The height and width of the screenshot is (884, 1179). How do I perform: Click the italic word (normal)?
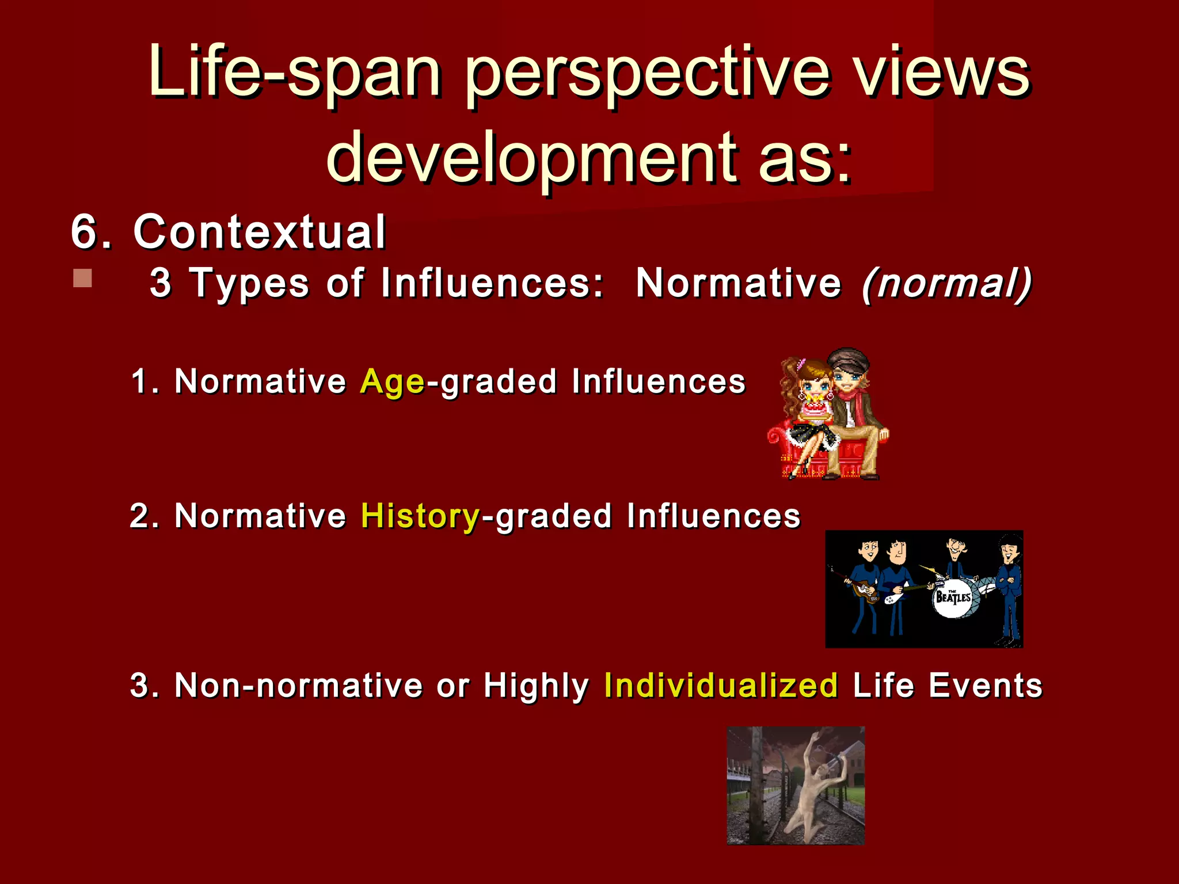[x=947, y=283]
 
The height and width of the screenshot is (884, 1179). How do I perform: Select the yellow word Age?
[x=392, y=382]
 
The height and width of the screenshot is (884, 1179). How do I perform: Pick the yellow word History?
[x=420, y=516]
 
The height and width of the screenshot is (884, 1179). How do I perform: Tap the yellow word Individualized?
[x=721, y=685]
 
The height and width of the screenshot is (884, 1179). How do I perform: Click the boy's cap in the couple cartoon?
[x=847, y=359]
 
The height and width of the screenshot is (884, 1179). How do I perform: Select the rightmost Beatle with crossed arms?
[x=1009, y=581]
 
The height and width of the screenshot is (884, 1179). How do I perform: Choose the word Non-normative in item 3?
[x=299, y=685]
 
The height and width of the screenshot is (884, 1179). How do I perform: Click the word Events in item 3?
[x=985, y=685]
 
